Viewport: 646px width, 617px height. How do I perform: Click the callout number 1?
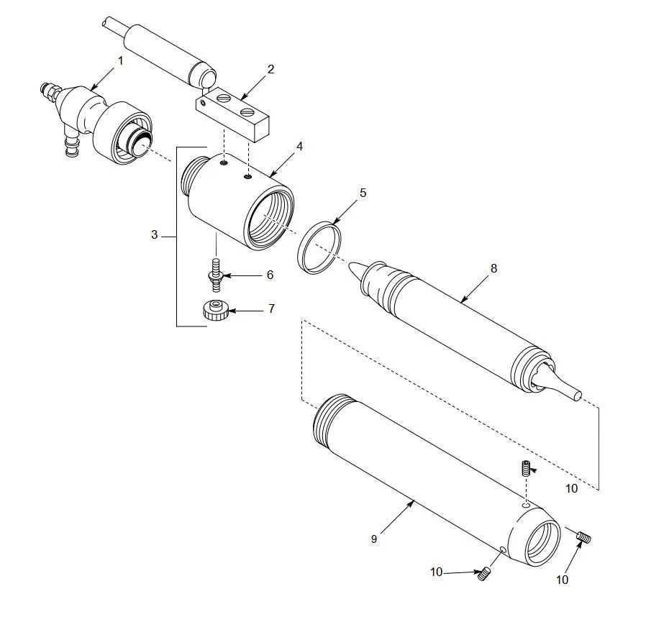pyautogui.click(x=121, y=61)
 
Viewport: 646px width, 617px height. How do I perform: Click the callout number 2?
pyautogui.click(x=270, y=69)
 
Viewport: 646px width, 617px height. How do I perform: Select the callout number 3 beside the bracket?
pyautogui.click(x=154, y=235)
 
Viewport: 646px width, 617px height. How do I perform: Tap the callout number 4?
pyautogui.click(x=299, y=146)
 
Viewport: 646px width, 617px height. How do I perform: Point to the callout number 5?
pyautogui.click(x=363, y=193)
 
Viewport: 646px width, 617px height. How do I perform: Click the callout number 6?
pyautogui.click(x=270, y=275)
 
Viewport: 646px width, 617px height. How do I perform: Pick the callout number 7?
pyautogui.click(x=271, y=308)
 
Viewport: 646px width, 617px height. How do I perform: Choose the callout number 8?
pyautogui.click(x=493, y=268)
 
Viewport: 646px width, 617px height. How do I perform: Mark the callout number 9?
pyautogui.click(x=374, y=538)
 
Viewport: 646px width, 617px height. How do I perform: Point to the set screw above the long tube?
pyautogui.click(x=527, y=468)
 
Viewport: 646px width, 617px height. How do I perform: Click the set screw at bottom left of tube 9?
pyautogui.click(x=483, y=574)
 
